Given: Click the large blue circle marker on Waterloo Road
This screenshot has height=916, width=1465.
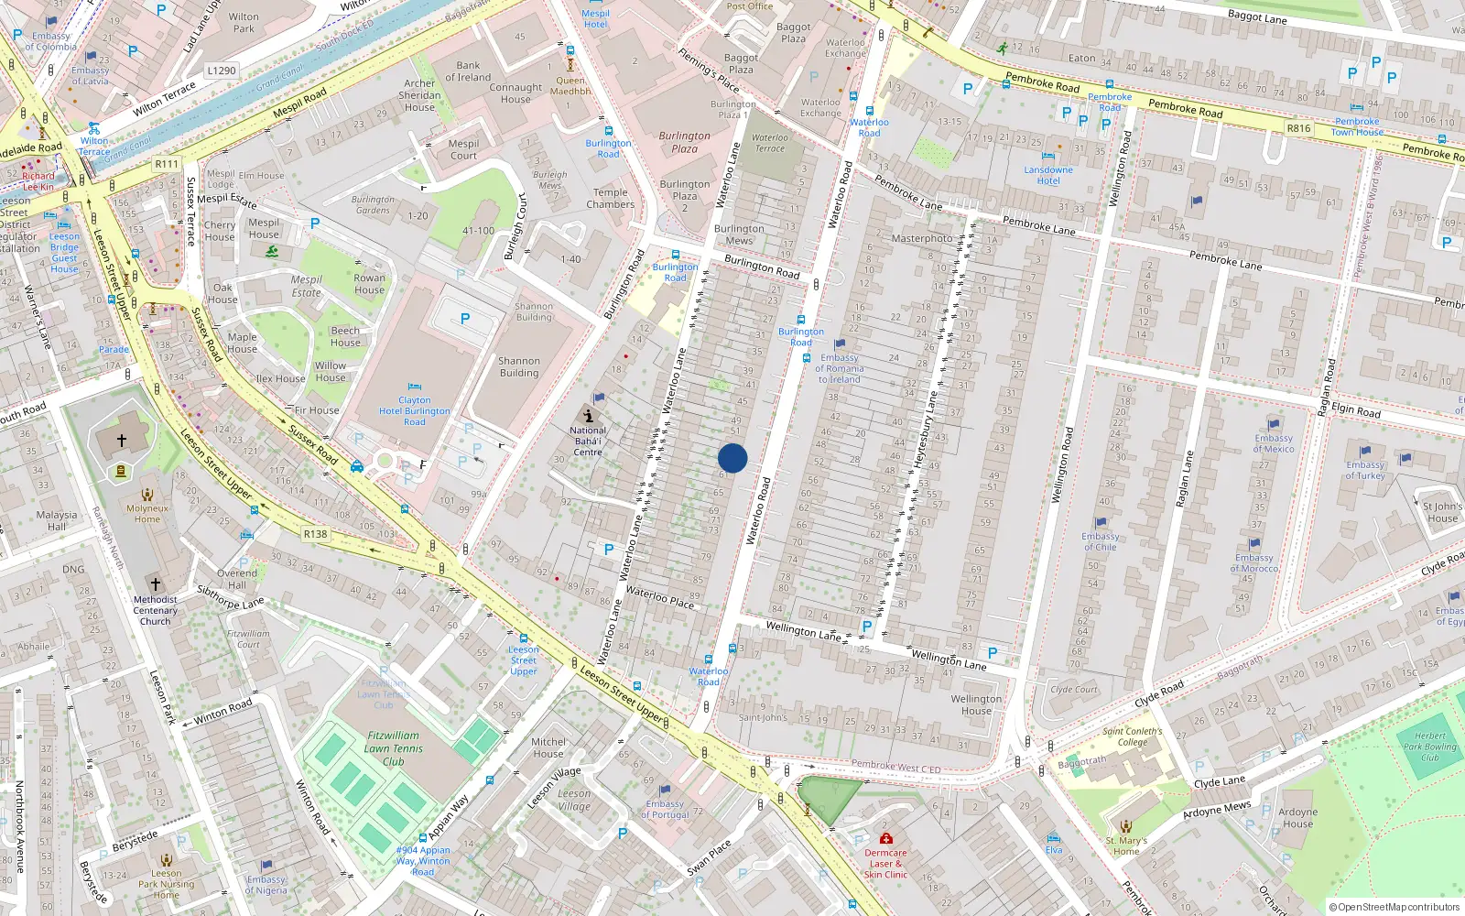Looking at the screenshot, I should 732,458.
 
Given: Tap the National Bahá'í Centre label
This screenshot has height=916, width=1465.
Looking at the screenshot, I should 588,441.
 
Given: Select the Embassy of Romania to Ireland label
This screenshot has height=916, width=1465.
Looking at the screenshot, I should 839,368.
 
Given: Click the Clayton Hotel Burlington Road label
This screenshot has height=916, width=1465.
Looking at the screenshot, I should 415,410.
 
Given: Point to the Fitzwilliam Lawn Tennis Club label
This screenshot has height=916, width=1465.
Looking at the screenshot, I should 394,747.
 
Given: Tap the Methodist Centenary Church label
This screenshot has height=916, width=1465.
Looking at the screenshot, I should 155,610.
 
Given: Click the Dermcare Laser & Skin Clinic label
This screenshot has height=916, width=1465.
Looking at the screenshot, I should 885,863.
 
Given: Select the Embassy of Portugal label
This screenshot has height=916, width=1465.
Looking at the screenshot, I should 665,809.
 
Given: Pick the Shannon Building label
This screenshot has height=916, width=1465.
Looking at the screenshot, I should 519,366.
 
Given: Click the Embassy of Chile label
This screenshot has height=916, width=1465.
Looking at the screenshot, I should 1100,541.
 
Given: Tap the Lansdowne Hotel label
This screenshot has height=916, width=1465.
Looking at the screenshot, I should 1048,175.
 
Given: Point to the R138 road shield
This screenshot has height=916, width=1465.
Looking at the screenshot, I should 315,534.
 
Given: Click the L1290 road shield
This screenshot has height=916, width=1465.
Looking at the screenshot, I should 222,71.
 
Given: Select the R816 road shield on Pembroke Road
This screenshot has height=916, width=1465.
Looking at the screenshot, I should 1298,128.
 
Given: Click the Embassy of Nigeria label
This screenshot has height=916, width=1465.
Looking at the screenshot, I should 266,884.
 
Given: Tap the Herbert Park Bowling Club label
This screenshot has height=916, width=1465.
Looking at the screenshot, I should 1429,746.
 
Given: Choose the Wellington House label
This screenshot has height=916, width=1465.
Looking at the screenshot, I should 976,704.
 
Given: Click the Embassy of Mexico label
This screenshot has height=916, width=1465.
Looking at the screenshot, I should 1274,443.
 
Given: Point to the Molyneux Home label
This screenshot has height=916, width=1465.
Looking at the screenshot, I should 147,513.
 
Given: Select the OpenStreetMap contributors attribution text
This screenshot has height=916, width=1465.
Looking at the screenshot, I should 1394,907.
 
